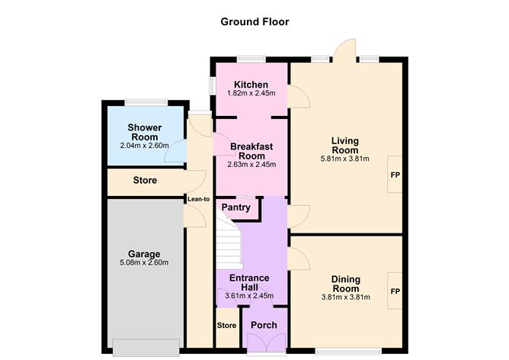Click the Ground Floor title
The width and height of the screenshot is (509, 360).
pos(255,21)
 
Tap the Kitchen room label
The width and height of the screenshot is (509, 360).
pos(251,84)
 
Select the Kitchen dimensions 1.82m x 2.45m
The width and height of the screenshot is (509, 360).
pos(251,93)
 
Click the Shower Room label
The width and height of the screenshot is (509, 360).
pos(143,132)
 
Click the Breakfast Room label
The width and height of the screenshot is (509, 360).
pos(251,150)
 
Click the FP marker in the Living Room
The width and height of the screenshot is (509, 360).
pos(395,175)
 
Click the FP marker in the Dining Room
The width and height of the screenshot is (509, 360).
pos(395,292)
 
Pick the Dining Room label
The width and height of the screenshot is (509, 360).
pos(345,284)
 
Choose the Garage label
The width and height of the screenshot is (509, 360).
pos(144,253)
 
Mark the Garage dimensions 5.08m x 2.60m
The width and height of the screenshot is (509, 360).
pos(144,263)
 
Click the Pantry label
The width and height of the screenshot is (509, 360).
pos(236,207)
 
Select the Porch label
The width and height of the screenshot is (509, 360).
pos(264,326)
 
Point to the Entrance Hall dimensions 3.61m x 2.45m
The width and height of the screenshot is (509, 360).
pos(250,296)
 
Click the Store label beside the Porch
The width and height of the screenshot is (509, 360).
pos(226,326)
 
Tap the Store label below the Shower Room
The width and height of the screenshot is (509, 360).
pos(145,181)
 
